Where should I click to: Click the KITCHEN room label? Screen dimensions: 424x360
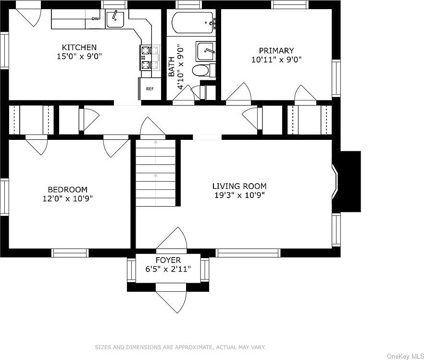click(79, 47)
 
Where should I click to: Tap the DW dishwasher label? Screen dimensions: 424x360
click(95, 19)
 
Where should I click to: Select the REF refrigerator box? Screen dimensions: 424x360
click(150, 88)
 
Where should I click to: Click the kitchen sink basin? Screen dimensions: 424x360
click(115, 19)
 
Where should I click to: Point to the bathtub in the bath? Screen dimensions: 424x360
click(192, 23)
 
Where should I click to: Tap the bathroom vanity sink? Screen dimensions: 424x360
click(206, 51)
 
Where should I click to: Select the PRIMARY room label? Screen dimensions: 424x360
click(276, 50)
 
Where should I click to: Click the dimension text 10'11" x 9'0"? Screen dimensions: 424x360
click(276, 60)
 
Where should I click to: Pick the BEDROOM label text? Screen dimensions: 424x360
click(68, 189)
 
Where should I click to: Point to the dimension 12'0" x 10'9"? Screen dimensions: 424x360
click(68, 199)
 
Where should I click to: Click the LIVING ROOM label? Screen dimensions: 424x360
click(239, 186)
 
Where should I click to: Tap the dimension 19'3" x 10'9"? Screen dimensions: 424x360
click(239, 195)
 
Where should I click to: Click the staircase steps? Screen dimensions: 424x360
click(156, 173)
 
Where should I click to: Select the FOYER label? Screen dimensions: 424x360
click(168, 260)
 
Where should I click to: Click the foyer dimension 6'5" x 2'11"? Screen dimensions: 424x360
click(168, 269)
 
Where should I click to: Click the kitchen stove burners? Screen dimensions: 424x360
click(146, 57)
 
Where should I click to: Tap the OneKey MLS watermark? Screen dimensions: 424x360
click(405, 356)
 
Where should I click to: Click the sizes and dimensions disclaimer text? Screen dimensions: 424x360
click(180, 348)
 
